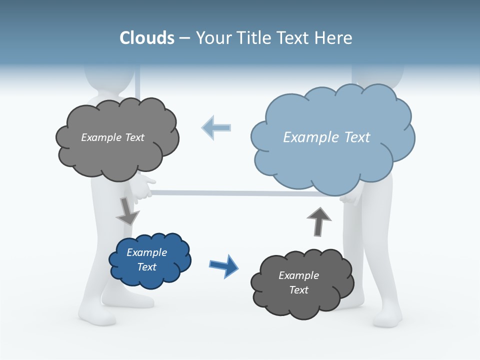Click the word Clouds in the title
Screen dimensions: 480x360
pos(147,38)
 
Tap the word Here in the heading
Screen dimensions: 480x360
pos(333,38)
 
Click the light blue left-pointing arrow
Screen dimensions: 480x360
pos(216,127)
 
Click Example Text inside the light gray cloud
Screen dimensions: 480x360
pos(112,137)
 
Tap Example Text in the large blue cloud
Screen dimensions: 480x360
pos(326,137)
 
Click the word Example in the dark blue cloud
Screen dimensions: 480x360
pos(146,252)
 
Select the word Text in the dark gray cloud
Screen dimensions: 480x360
pos(298,290)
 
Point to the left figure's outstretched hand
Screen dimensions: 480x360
pos(144,185)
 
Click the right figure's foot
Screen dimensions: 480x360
pos(387,317)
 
